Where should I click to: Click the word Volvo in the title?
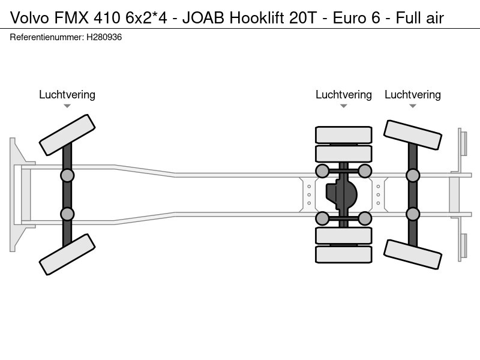pyautogui.click(x=29, y=18)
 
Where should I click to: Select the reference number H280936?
pyautogui.click(x=104, y=37)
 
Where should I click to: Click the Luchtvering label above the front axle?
pyautogui.click(x=67, y=95)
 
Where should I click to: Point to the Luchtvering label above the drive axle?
pyautogui.click(x=344, y=95)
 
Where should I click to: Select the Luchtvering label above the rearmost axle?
pyautogui.click(x=413, y=95)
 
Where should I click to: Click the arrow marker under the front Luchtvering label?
pyautogui.click(x=67, y=106)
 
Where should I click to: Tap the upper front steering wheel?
pyautogui.click(x=67, y=135)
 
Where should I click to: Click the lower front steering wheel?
pyautogui.click(x=67, y=254)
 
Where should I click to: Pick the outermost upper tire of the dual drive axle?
pyautogui.click(x=344, y=134)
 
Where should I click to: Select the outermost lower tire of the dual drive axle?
pyautogui.click(x=344, y=254)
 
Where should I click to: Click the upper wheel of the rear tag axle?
pyautogui.click(x=413, y=135)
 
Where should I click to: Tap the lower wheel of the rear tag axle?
pyautogui.click(x=413, y=254)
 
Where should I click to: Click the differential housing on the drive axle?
pyautogui.click(x=341, y=194)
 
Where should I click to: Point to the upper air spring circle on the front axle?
pyautogui.click(x=67, y=176)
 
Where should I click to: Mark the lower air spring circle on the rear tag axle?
pyautogui.click(x=413, y=214)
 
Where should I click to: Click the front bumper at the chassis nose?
pyautogui.click(x=22, y=194)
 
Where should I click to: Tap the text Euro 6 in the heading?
pyautogui.click(x=356, y=18)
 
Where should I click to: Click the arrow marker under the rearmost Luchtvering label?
pyautogui.click(x=413, y=106)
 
